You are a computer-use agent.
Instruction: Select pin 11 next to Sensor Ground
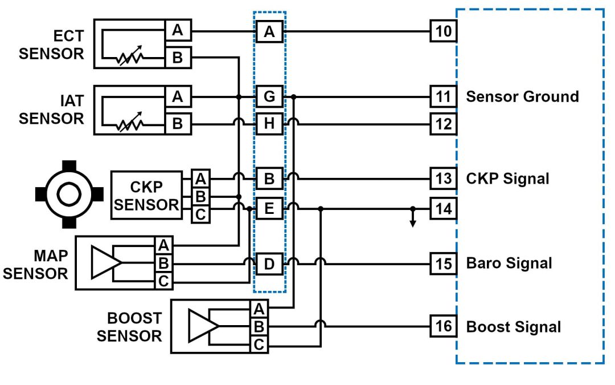[444, 96]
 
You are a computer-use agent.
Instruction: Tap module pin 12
[444, 123]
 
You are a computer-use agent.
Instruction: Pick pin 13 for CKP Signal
[444, 179]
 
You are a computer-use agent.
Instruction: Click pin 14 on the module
[444, 209]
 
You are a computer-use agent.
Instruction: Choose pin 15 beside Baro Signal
[444, 264]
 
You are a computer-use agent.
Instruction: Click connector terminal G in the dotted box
[269, 96]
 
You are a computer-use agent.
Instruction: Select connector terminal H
[269, 123]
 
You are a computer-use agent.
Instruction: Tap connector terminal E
[269, 209]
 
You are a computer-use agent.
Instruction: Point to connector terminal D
[269, 264]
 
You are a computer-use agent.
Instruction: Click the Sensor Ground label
[522, 96]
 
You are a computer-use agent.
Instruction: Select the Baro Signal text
[509, 264]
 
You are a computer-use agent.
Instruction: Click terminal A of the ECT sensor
[178, 30]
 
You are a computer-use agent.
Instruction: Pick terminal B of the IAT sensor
[178, 123]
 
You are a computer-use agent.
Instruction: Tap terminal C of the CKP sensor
[200, 215]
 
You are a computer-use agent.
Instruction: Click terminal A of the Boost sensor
[259, 309]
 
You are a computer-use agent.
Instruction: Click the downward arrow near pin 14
[413, 221]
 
